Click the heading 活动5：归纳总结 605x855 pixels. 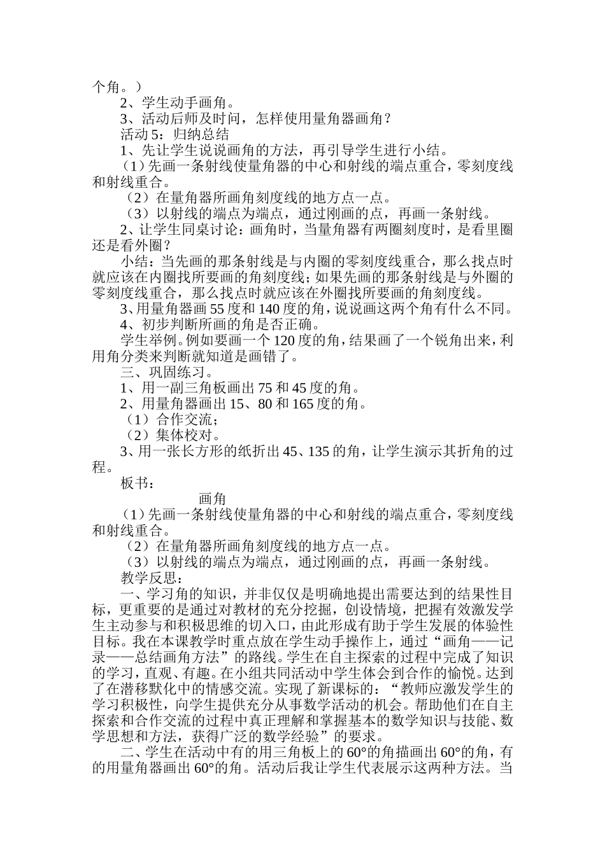click(x=174, y=134)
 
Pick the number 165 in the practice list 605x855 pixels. click(x=304, y=404)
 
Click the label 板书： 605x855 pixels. click(x=137, y=483)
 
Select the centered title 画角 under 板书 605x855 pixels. click(x=212, y=499)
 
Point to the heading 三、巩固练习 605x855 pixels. click(x=167, y=372)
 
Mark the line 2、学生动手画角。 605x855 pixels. click(x=177, y=102)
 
